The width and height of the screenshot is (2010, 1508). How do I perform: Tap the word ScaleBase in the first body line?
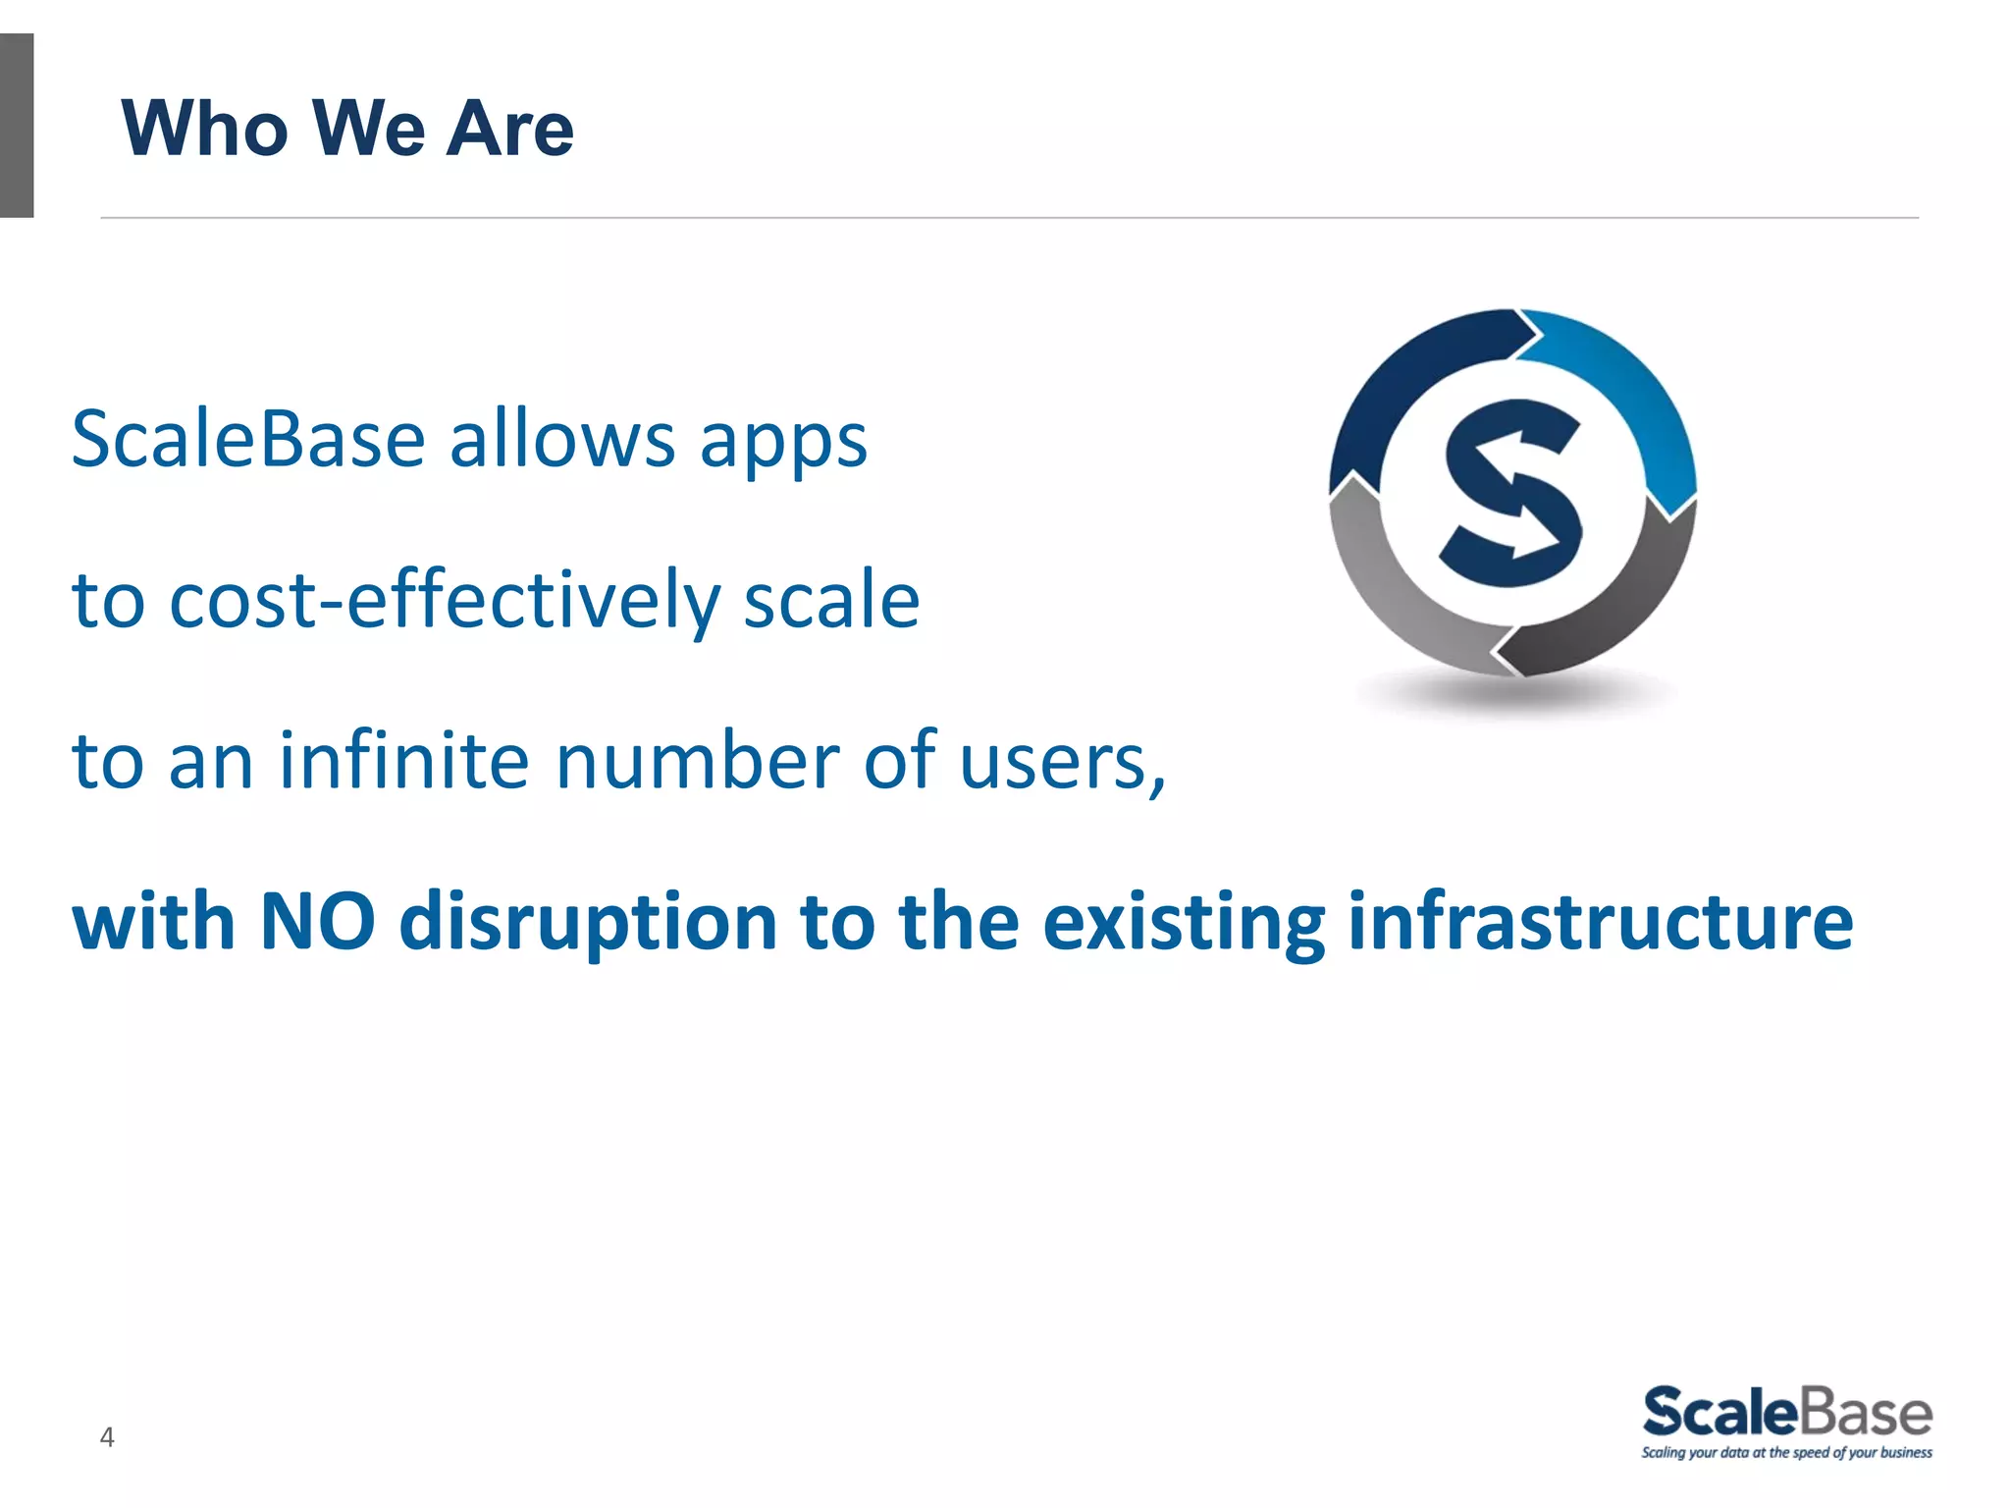click(x=248, y=440)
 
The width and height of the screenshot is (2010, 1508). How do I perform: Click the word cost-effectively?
click(x=445, y=601)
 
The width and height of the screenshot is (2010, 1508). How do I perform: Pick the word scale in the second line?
click(x=831, y=601)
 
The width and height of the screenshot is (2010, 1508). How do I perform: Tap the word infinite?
click(x=404, y=761)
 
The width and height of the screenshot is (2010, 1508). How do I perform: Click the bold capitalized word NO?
click(x=317, y=922)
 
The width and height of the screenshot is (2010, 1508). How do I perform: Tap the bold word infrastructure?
click(x=1600, y=922)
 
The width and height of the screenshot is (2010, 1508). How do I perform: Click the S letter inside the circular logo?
click(x=1512, y=492)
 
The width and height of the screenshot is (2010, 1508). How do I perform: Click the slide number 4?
click(x=107, y=1437)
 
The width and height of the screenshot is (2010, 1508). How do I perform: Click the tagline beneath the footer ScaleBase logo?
click(x=1786, y=1453)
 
